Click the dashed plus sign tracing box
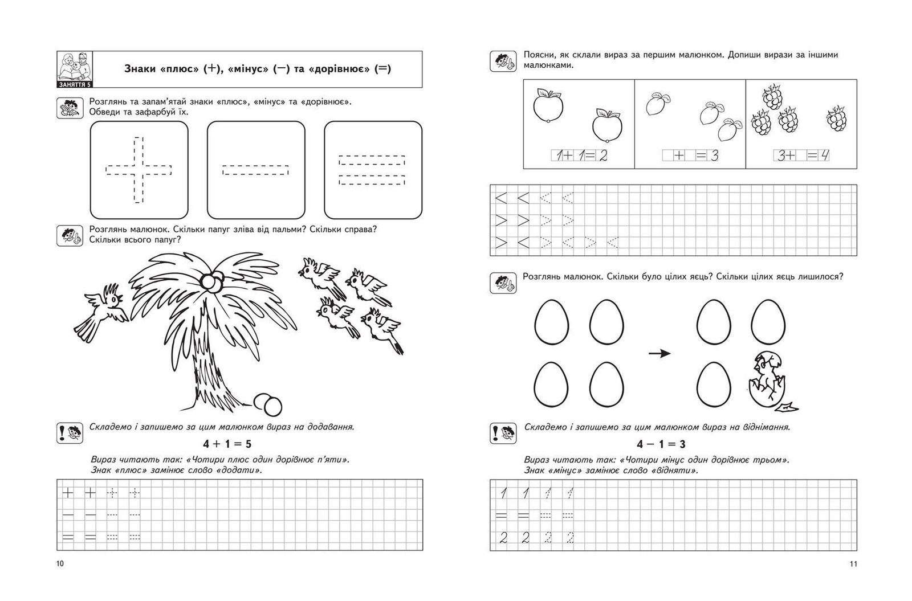[x=139, y=170]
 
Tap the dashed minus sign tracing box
[x=256, y=170]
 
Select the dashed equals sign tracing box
[x=373, y=170]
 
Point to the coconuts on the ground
[x=268, y=404]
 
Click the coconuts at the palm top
[x=213, y=282]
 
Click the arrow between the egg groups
[x=659, y=354]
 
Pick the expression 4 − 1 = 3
[x=661, y=444]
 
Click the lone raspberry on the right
[x=837, y=118]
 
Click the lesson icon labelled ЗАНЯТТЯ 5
[x=75, y=69]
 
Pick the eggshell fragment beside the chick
[x=788, y=407]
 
